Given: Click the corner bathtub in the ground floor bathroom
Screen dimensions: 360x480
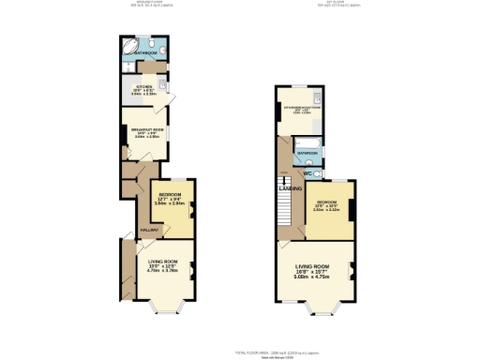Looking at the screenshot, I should (129, 47).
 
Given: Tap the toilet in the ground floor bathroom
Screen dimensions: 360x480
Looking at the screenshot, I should (162, 48).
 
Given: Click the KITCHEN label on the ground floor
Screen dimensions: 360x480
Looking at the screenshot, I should (143, 85).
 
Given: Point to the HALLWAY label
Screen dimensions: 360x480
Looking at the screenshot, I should (148, 229).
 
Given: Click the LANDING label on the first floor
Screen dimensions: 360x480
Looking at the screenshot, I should (290, 188).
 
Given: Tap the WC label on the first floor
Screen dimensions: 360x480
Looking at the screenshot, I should (307, 174).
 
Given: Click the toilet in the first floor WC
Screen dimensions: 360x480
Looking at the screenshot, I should (318, 173).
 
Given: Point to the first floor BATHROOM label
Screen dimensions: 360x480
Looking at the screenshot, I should (308, 151).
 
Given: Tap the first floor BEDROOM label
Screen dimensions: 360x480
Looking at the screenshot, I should (327, 202).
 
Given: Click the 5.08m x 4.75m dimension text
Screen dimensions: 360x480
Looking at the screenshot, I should (313, 277).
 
